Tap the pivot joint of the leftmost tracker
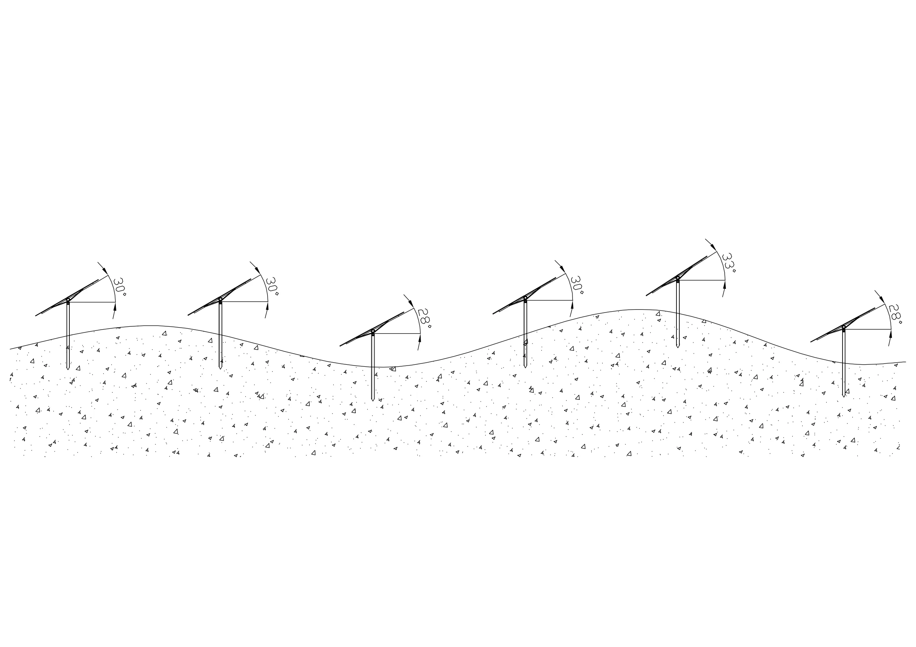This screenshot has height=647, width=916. point(68,300)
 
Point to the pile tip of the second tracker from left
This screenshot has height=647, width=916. point(220,368)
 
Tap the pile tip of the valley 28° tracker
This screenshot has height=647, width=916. point(373,400)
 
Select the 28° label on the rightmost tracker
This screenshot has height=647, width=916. point(895,314)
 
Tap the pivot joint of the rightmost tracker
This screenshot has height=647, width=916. point(843,327)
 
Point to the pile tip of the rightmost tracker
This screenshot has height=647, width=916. point(843,396)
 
